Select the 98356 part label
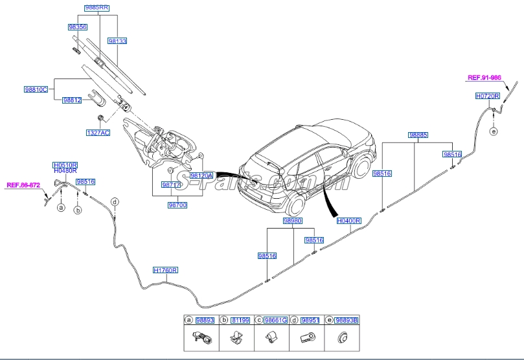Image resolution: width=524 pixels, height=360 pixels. pos(78,27)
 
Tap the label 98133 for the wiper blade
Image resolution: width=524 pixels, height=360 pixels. pos(117,40)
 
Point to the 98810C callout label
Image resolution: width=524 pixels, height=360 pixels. pos(36,89)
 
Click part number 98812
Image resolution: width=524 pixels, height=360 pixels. pos(72,100)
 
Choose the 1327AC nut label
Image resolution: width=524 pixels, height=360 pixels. pos(98,132)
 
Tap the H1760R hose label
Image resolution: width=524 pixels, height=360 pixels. pos(165,270)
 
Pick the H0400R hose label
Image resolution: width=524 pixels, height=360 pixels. pos(348,221)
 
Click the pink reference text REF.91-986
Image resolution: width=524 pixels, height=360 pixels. pos(484,78)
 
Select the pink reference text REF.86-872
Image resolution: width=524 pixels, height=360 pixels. pos(23,185)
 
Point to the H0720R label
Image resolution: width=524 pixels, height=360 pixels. pos(487,96)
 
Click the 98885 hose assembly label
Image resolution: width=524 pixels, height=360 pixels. pos(418,135)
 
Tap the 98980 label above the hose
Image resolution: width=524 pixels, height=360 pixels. pos(292,221)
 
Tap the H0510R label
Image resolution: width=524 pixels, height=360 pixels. pos(65,165)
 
